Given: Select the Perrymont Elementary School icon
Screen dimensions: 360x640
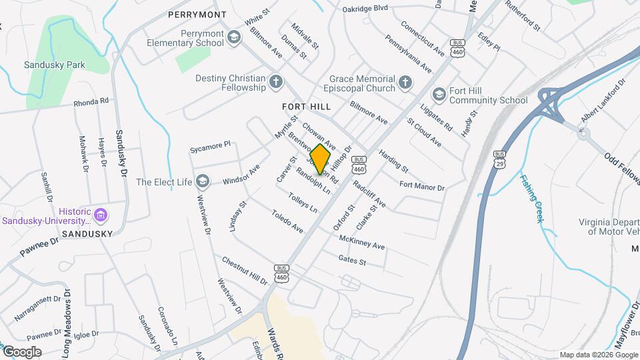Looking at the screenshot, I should pos(233,38).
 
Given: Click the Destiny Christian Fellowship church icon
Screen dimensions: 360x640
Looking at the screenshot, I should pos(276,83).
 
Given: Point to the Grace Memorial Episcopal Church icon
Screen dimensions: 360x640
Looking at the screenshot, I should pos(405,83).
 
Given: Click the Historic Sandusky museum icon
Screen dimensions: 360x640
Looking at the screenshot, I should pos(101,215).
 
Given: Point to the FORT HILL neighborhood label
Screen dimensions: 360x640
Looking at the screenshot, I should pos(306,107).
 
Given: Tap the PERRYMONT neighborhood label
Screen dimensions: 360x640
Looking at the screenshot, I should pos(197,14).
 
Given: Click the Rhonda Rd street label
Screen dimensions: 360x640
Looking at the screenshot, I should pos(91,102).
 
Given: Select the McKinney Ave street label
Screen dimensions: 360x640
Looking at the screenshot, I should pos(362,242).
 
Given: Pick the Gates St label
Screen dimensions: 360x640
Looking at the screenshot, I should pos(352,261).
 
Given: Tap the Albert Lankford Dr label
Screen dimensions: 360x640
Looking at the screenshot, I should pos(603,101).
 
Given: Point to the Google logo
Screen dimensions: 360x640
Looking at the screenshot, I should pos(21,352).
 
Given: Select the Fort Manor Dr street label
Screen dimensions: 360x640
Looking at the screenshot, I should pos(421,186).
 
